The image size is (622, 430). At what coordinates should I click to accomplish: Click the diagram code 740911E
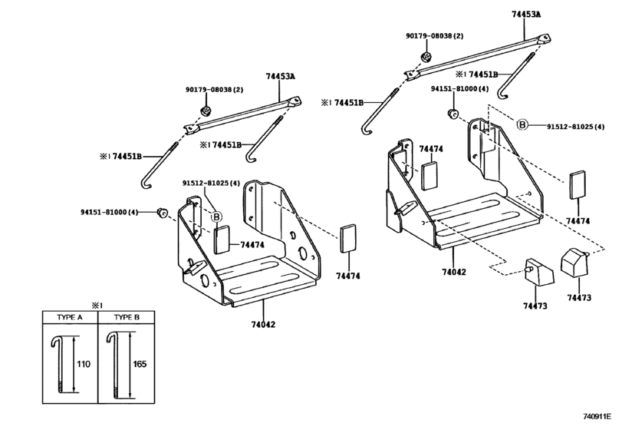coord(597,416)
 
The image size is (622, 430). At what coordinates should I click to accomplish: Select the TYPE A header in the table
coord(70,317)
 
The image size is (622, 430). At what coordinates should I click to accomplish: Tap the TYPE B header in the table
coord(127,317)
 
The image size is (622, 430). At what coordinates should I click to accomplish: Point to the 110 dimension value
coord(84,364)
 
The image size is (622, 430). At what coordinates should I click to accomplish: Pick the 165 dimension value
coord(140,364)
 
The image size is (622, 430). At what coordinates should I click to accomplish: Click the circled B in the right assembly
coord(522,125)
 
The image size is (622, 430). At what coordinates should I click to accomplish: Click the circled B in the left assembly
coord(216,217)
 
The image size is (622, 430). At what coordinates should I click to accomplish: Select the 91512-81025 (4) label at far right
coord(575,127)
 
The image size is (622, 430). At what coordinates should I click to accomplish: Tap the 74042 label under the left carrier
coord(262,324)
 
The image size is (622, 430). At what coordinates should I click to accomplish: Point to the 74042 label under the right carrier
coord(454,272)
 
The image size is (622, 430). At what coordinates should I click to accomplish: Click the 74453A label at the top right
coord(526,15)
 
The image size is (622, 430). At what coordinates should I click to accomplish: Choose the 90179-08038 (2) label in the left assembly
coord(214,90)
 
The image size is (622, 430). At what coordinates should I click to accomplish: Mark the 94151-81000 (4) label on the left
coord(109,213)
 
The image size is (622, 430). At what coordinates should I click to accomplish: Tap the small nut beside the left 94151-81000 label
coord(162,213)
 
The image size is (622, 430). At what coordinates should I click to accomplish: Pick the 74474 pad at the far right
coord(578,184)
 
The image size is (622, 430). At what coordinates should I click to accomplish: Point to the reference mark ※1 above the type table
coord(97,306)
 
